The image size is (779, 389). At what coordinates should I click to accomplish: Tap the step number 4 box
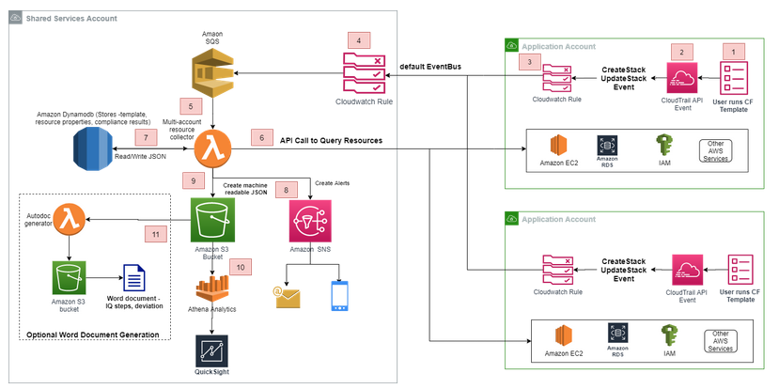[359, 40]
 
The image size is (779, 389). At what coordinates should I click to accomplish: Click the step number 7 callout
[147, 136]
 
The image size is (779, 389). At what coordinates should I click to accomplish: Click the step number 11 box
[154, 231]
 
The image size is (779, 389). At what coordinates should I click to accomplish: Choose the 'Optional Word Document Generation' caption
[91, 335]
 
